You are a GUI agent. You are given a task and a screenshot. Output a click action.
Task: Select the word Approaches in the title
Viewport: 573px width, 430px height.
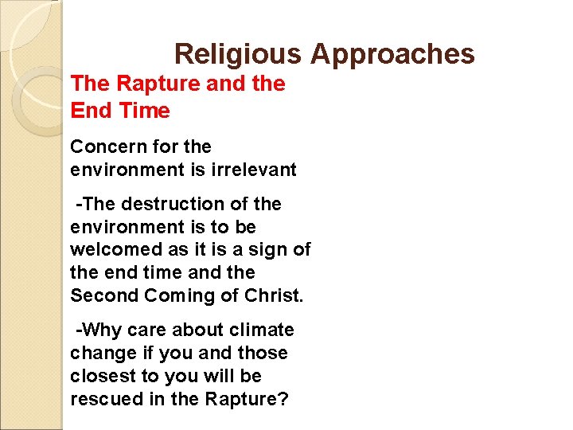392,54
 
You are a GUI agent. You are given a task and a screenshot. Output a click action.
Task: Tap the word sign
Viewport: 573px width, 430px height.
263,250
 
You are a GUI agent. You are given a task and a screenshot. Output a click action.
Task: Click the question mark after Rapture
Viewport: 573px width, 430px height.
283,399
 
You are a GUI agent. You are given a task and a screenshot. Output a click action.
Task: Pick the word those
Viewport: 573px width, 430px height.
263,353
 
